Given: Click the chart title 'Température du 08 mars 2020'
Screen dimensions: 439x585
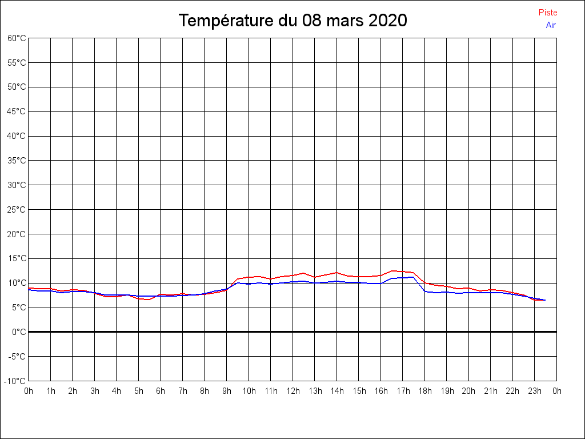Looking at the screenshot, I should [292, 21].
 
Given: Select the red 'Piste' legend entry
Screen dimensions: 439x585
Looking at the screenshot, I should [548, 13].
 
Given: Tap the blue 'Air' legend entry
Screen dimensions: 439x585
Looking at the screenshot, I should [551, 25].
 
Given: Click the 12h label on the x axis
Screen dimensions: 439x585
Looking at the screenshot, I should [292, 391].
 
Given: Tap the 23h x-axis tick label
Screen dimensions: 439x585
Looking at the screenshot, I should [535, 391].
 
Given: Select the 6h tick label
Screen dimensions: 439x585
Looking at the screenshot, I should [161, 391].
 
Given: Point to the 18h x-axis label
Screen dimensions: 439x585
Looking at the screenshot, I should [424, 391].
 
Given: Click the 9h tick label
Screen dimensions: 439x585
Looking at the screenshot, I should [227, 391].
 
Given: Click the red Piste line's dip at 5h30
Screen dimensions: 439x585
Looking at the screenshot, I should [149, 300].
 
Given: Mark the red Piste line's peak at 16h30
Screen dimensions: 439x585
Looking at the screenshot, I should [392, 271].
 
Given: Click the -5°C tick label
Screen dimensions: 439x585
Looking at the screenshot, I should [17, 357].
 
